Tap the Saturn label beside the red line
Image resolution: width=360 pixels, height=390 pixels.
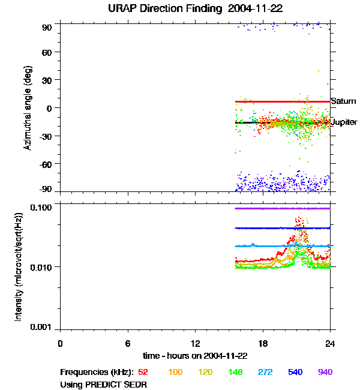(344, 101)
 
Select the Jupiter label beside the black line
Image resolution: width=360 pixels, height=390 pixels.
(344, 122)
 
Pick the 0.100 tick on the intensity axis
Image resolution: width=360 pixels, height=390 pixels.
(43, 207)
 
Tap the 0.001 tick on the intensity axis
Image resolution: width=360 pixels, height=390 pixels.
(43, 328)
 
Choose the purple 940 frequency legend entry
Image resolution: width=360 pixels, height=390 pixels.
(325, 373)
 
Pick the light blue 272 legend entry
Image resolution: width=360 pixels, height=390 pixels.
(265, 373)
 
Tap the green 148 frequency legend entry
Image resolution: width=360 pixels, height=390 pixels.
(235, 373)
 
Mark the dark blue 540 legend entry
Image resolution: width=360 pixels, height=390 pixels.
(295, 373)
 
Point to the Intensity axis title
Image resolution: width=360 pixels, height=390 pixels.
(19, 266)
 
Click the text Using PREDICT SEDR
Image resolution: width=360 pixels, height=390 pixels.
(103, 385)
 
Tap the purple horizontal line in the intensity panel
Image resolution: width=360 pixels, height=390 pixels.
(282, 208)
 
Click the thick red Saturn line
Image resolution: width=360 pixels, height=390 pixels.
(282, 101)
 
